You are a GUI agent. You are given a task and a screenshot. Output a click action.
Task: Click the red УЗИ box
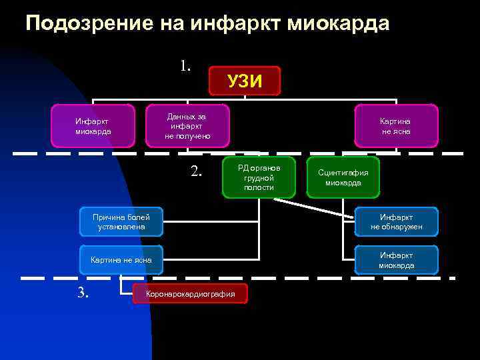(244, 81)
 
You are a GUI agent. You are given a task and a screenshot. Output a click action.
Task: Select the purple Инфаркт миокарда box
(93, 126)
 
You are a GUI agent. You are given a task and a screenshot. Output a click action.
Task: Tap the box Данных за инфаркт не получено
(187, 126)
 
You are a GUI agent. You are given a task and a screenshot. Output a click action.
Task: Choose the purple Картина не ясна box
(396, 126)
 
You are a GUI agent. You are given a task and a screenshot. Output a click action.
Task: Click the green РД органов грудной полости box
(259, 177)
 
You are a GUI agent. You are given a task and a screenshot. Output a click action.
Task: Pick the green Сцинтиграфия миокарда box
(343, 177)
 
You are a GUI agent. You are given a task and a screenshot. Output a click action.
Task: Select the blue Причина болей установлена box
(121, 222)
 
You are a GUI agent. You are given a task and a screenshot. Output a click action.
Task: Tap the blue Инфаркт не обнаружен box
(396, 222)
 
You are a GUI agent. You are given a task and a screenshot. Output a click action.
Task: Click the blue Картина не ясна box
(121, 260)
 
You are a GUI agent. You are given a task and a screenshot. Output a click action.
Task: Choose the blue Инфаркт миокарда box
(396, 260)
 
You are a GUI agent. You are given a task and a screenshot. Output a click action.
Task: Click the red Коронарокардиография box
(190, 293)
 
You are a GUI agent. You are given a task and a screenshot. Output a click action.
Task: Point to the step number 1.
(185, 65)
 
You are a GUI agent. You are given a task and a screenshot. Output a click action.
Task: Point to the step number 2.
(196, 171)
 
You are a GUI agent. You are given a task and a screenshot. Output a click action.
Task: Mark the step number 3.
(83, 292)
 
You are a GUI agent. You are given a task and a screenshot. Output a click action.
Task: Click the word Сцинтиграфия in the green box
(343, 172)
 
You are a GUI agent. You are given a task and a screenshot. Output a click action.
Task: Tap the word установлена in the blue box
(121, 227)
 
